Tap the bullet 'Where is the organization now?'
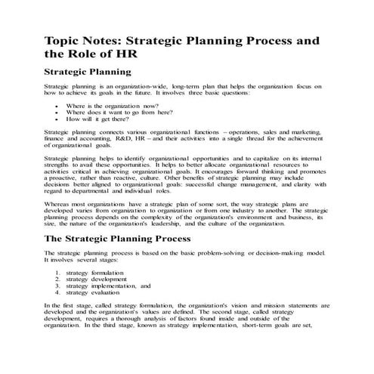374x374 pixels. click(107, 106)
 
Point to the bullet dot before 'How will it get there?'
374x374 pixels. click(57, 119)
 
